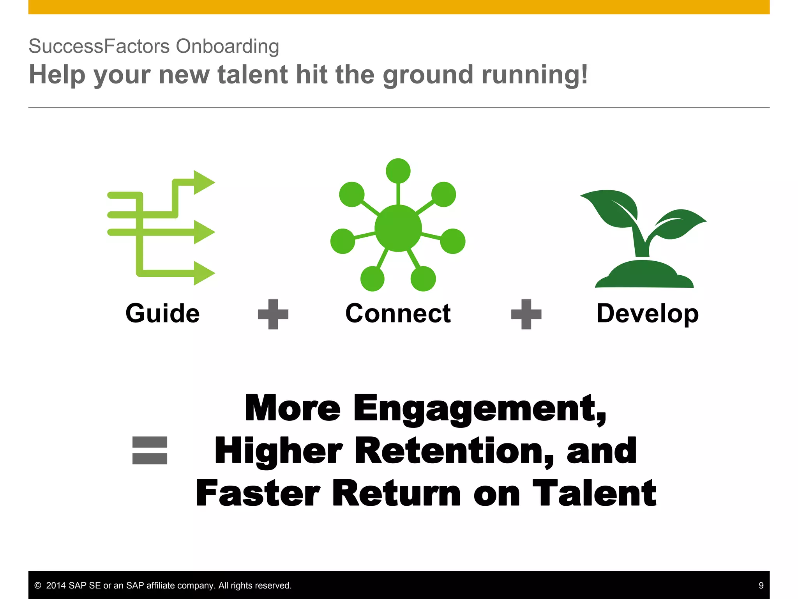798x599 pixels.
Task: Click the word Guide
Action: tap(162, 314)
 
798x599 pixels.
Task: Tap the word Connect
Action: tap(398, 314)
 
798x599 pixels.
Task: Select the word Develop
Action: tap(647, 314)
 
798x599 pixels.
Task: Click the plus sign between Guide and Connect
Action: tap(273, 314)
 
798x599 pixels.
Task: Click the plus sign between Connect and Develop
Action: tap(526, 314)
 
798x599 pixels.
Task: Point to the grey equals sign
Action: tap(150, 450)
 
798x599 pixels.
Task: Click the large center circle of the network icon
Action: tap(398, 228)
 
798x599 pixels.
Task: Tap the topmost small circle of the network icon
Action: tap(398, 171)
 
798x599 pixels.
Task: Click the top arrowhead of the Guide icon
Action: tap(203, 182)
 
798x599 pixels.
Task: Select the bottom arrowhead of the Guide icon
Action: tap(203, 273)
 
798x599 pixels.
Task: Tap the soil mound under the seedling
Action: tap(644, 276)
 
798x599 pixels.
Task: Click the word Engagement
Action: tap(479, 408)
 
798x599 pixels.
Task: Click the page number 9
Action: tap(761, 585)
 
